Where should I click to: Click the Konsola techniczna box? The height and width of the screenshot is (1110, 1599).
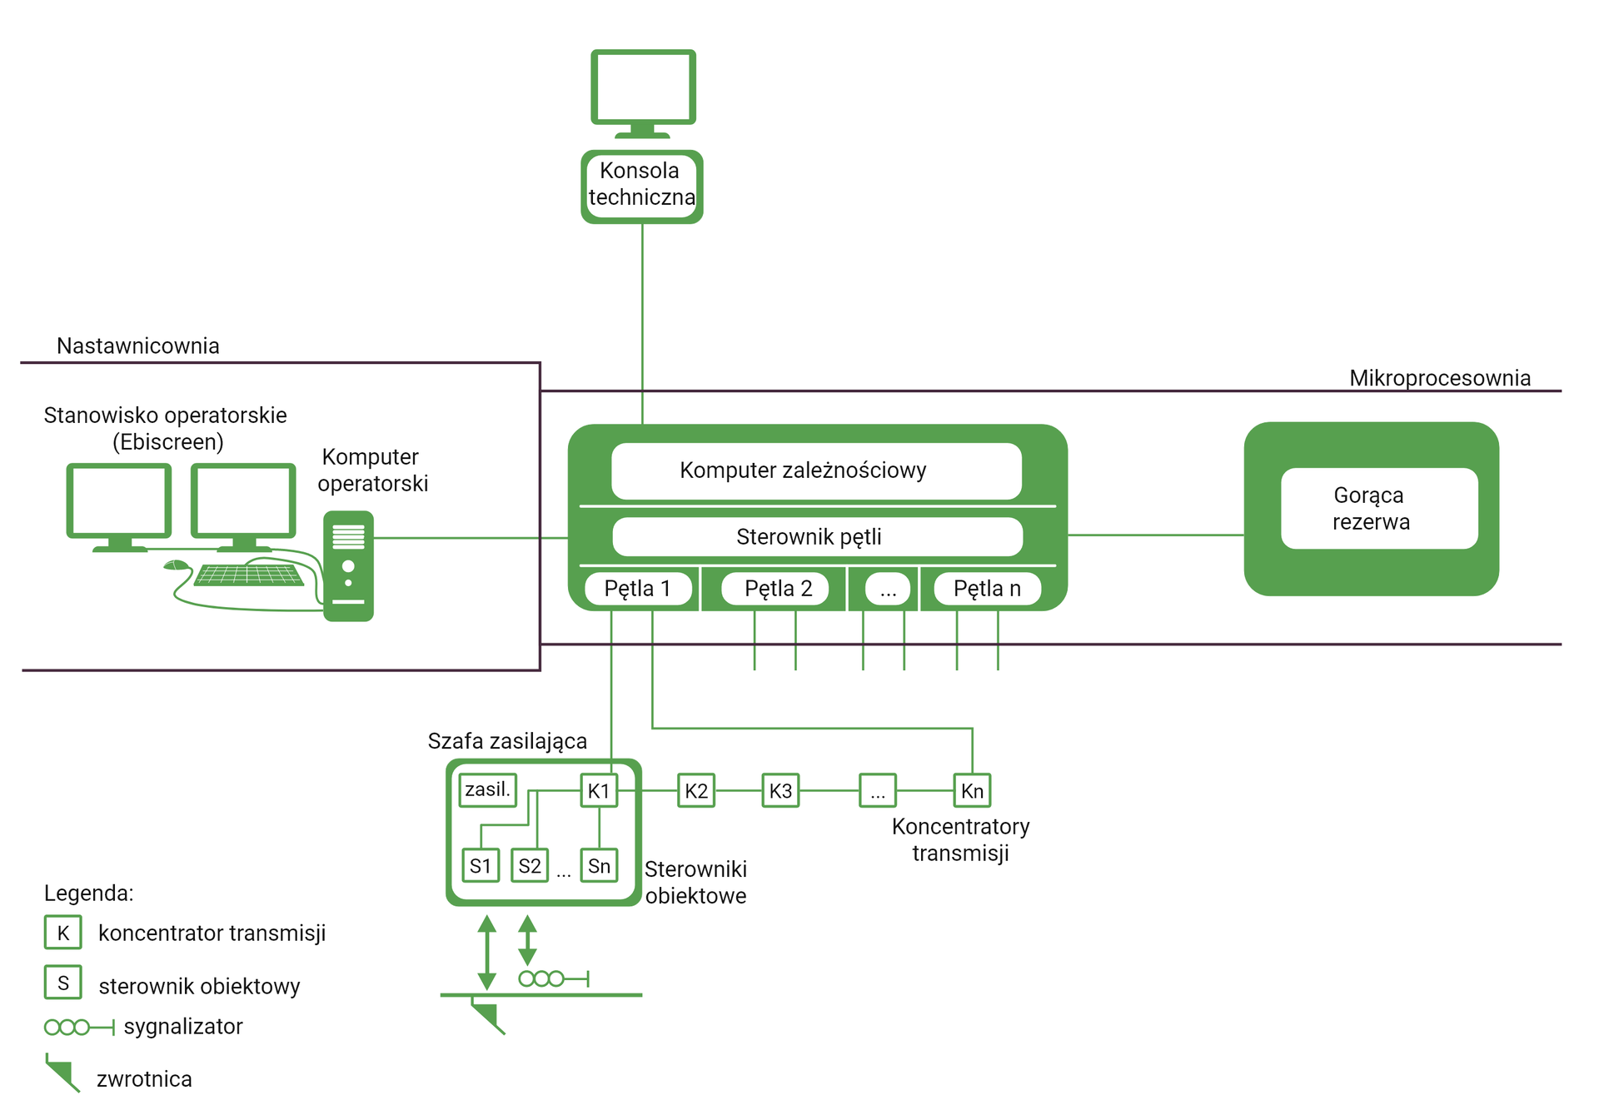point(641,185)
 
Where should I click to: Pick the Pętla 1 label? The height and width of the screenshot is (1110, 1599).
point(638,589)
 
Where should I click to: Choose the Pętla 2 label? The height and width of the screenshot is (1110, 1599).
point(777,589)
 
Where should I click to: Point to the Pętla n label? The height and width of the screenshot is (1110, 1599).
point(987,589)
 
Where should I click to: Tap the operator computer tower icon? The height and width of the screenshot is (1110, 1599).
point(348,566)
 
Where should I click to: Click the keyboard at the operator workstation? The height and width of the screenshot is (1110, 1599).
point(248,575)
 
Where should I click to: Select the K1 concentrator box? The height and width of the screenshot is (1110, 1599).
point(599,791)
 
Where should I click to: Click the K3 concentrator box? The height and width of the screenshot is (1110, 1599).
point(780,791)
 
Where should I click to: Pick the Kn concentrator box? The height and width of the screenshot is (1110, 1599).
point(972,791)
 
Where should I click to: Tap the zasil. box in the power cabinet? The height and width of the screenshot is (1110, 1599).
point(487,789)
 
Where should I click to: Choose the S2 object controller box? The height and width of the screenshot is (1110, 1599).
point(530,866)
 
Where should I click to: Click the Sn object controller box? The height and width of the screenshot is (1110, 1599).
point(599,866)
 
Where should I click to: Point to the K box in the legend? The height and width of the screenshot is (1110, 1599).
point(63,933)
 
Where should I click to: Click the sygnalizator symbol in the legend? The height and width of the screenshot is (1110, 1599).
point(78,1027)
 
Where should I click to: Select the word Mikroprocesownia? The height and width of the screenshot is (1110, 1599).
point(1439,378)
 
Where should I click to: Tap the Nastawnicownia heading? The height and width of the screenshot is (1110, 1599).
point(138,346)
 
